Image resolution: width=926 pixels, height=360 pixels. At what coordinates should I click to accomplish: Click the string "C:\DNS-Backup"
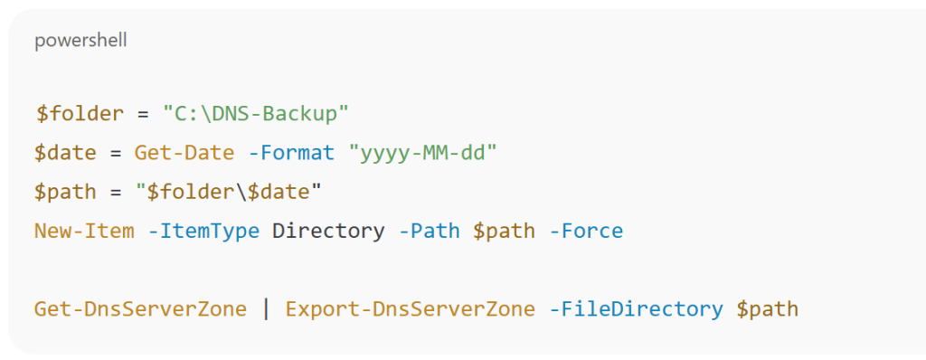[x=256, y=114]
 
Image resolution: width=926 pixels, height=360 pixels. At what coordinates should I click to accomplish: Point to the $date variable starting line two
[x=65, y=153]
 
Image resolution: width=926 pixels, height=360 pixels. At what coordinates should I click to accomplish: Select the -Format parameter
[x=291, y=153]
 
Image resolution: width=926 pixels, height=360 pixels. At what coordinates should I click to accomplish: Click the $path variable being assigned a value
[x=65, y=192]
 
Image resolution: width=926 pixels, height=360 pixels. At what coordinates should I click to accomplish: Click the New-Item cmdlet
[x=84, y=231]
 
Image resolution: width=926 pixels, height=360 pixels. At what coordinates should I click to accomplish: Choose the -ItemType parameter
[x=204, y=231]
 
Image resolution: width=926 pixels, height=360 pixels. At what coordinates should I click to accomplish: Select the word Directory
[x=328, y=231]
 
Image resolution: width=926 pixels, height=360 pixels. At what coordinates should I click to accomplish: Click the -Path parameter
[x=430, y=231]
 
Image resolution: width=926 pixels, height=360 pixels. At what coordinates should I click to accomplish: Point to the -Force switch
[x=586, y=231]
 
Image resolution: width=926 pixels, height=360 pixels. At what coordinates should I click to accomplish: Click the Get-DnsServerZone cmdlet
[x=140, y=309]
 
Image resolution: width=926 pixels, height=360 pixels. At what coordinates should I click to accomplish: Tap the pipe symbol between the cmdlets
[x=266, y=309]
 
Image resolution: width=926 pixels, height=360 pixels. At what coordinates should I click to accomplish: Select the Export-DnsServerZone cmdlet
[x=410, y=309]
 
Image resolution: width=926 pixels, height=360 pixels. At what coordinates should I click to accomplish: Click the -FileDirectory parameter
[x=636, y=309]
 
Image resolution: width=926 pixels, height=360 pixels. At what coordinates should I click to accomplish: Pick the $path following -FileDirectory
[x=768, y=309]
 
